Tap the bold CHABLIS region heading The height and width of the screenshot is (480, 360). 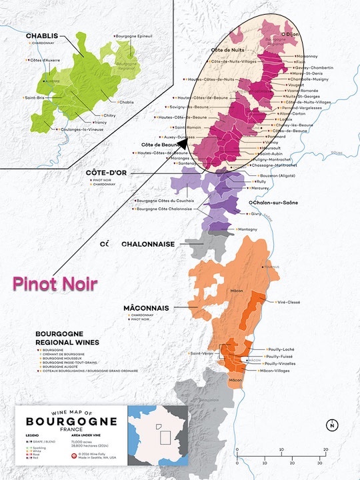coord(41,35)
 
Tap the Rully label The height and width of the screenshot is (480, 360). coord(261,181)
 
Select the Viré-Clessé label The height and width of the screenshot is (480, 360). coord(287,301)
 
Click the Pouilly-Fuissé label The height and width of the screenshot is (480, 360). coord(288,357)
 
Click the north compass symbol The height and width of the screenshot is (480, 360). coord(331,425)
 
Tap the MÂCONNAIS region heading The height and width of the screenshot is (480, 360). coord(145,308)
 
